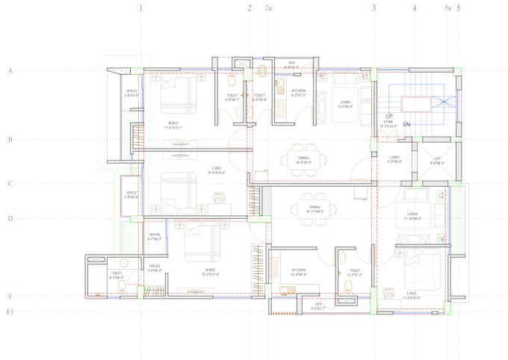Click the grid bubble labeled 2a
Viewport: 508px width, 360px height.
269,8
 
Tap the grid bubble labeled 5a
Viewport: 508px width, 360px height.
448,8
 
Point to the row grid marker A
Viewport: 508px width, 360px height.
10,71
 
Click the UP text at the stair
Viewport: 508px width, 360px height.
389,116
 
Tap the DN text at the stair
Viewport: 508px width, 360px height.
407,124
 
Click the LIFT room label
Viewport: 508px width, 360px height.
438,158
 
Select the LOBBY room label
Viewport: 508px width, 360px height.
394,158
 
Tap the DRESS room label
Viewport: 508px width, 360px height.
155,266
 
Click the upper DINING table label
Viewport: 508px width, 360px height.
303,158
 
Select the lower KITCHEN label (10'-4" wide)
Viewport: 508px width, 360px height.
299,270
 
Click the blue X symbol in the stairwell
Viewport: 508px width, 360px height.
443,102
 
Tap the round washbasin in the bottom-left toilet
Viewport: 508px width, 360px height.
124,263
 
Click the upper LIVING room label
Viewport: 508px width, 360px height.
345,102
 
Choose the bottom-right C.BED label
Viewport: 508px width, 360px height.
411,294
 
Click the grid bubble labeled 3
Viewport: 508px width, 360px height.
374,8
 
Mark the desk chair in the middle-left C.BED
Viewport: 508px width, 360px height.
220,198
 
